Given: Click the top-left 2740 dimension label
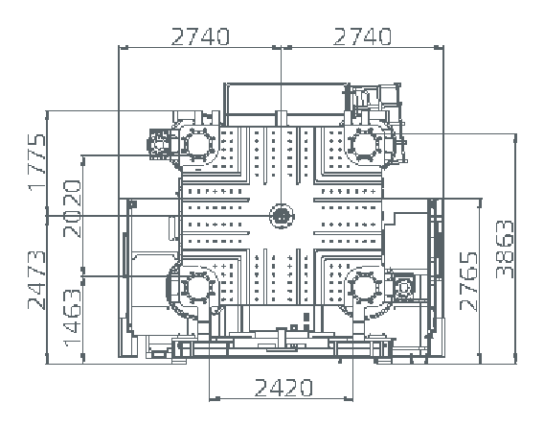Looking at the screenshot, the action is pyautogui.click(x=200, y=36).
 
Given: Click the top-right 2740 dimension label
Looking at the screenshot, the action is pyautogui.click(x=362, y=36).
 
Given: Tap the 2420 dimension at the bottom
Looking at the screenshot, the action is pyautogui.click(x=283, y=388).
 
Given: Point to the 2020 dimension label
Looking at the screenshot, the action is pyautogui.click(x=72, y=208).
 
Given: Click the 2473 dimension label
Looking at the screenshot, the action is pyautogui.click(x=36, y=280).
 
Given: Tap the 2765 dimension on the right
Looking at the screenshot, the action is pyautogui.click(x=468, y=282).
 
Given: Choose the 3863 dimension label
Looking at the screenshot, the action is pyautogui.click(x=505, y=249).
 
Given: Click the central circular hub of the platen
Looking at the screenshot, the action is pyautogui.click(x=282, y=216).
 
